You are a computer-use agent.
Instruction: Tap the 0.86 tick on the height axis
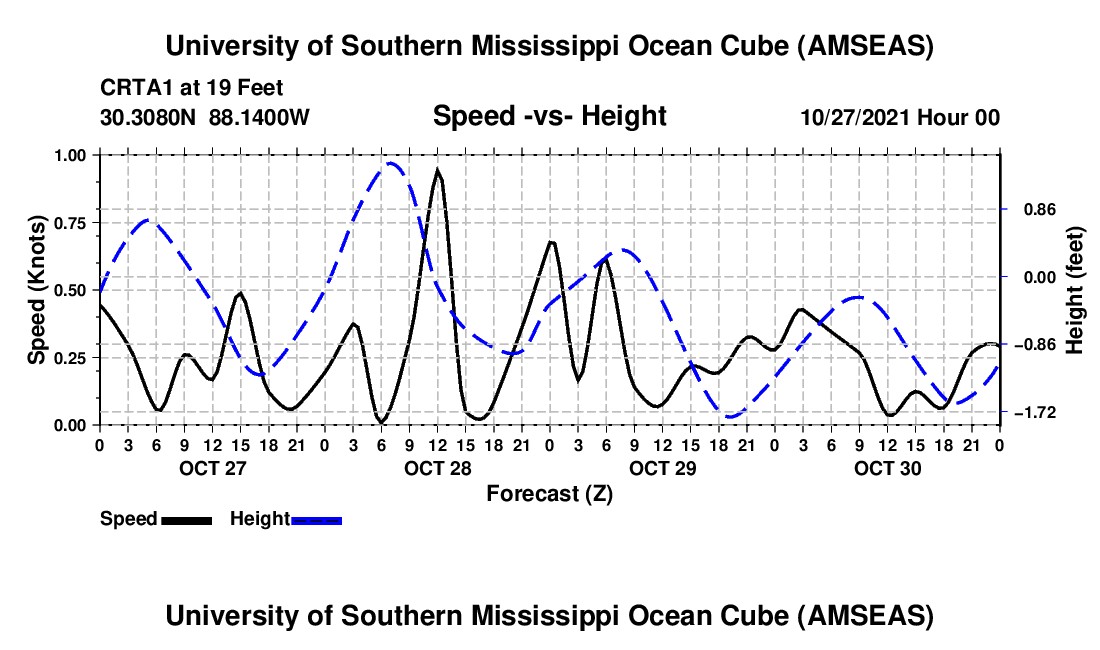[1030, 210]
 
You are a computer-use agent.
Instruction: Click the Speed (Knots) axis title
[36, 290]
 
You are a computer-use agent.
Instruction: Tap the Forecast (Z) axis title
[549, 493]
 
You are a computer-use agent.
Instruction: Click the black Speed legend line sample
[185, 519]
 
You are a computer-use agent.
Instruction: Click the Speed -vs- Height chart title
[549, 117]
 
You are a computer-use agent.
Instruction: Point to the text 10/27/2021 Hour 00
[900, 118]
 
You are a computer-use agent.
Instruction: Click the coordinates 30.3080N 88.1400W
[205, 118]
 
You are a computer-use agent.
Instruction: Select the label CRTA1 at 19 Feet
[178, 87]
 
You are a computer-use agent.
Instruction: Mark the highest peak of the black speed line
[437, 170]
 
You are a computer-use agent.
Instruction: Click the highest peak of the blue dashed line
[391, 163]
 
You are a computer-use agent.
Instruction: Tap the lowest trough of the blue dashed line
[731, 416]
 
